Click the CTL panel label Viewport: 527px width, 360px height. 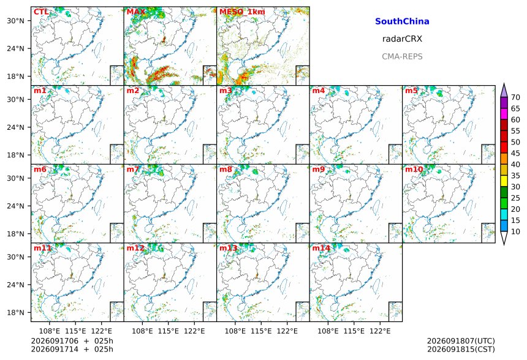pos(40,12)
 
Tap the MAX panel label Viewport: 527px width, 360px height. pos(136,12)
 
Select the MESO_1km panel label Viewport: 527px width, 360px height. pos(242,12)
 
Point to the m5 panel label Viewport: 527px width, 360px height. pos(411,91)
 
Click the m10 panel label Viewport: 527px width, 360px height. pos(414,169)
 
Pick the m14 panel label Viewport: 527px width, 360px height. pos(321,248)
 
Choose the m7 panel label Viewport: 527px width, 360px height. pos(133,169)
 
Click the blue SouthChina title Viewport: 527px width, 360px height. pos(402,21)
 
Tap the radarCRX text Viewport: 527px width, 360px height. pos(402,39)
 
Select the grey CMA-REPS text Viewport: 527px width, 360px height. pos(402,56)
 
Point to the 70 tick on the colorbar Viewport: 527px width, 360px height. pos(515,97)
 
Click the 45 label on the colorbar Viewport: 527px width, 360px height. pos(515,153)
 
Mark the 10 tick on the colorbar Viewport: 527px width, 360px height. pos(515,231)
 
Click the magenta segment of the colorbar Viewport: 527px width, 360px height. pos(504,114)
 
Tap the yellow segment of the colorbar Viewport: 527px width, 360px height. pos(504,181)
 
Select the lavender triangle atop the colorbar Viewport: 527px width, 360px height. pos(504,91)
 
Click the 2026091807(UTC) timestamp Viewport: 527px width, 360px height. pos(461,341)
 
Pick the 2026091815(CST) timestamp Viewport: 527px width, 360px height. pos(461,349)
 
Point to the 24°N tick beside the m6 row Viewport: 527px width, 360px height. pos(15,206)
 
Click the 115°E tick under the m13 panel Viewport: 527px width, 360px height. pos(261,331)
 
